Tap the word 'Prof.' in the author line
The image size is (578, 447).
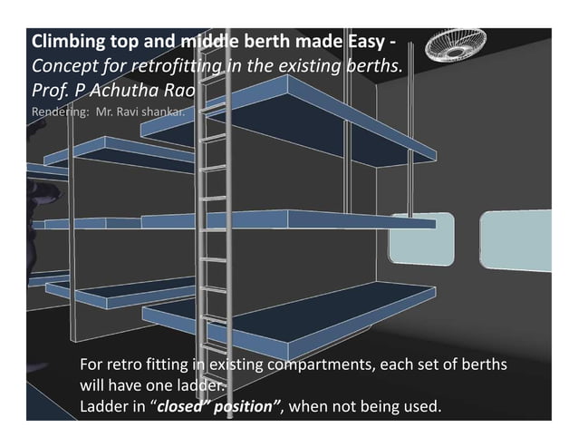point(49,90)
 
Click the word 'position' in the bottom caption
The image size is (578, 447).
point(245,406)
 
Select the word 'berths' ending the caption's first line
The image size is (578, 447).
point(481,365)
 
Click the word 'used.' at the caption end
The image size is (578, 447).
point(422,406)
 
